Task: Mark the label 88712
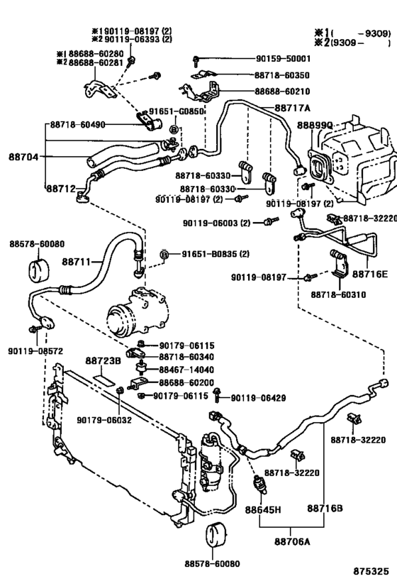[x=62, y=189]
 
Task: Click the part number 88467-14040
[x=186, y=370]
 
